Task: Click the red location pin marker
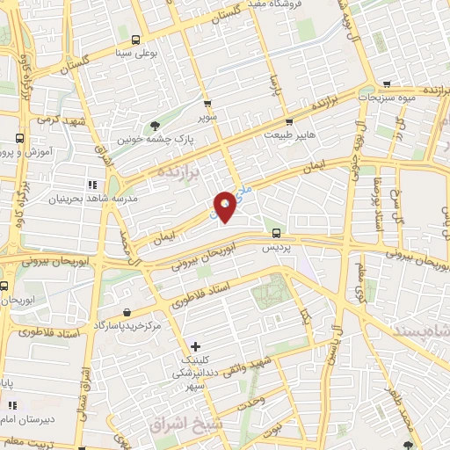(x=225, y=207)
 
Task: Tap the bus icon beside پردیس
(x=277, y=234)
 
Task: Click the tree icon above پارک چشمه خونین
(x=156, y=126)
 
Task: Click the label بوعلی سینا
(x=135, y=53)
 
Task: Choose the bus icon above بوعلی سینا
(x=134, y=40)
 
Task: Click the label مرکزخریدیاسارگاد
(x=129, y=327)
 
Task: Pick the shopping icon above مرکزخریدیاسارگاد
(x=128, y=313)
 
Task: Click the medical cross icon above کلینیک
(x=195, y=347)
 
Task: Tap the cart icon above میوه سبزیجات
(x=387, y=85)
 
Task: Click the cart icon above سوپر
(x=207, y=103)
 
